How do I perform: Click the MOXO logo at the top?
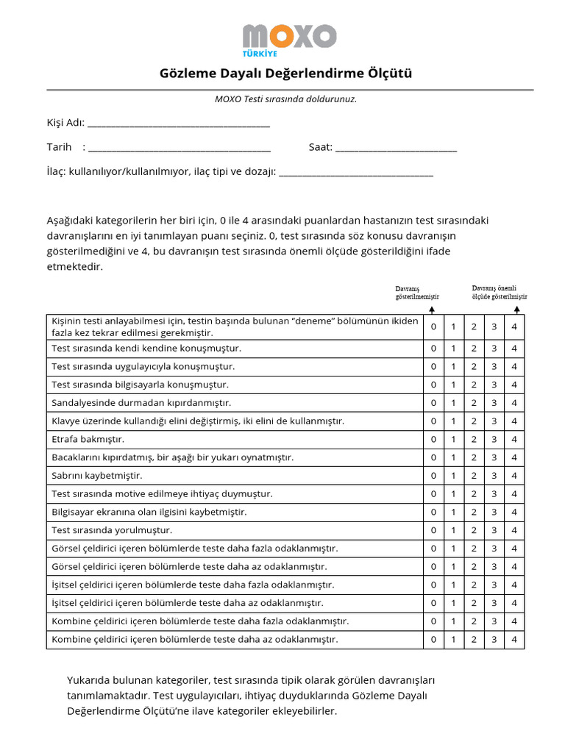pos(289,39)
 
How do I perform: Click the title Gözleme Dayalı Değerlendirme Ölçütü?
pos(286,74)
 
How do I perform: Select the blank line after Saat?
pos(396,148)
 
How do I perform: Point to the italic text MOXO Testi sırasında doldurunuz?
pos(285,99)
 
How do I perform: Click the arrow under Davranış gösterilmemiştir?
pos(432,310)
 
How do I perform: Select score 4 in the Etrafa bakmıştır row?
pos(514,439)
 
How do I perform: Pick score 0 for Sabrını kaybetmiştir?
pos(433,476)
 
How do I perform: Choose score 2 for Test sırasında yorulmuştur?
pos(474,530)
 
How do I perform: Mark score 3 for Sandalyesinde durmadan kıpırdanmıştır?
pos(494,403)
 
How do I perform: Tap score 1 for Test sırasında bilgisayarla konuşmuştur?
pos(453,385)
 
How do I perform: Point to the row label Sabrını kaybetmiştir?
pos(97,476)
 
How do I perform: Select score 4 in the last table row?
pos(514,640)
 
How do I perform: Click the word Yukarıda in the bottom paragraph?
pos(88,680)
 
